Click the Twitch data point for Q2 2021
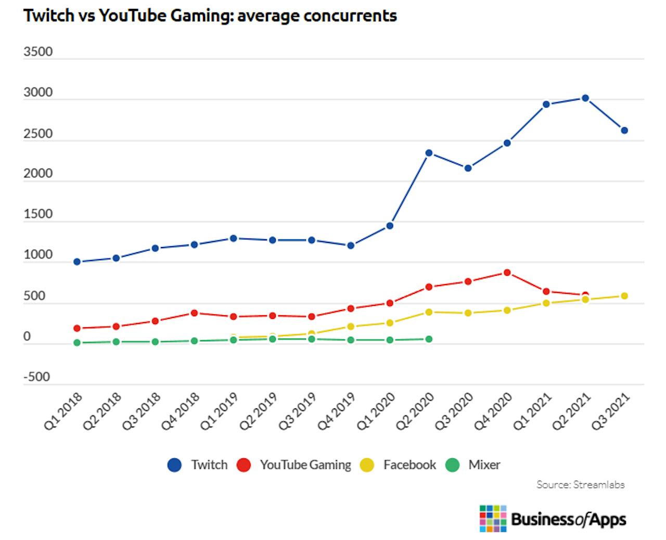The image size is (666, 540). click(585, 98)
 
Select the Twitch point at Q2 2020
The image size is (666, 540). click(429, 153)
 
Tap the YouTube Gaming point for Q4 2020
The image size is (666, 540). click(507, 273)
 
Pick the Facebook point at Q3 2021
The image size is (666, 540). click(624, 296)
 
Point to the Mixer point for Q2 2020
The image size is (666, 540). click(429, 339)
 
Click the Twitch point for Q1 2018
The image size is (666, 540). click(77, 262)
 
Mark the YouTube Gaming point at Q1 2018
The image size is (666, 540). click(77, 328)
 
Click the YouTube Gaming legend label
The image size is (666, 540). click(305, 465)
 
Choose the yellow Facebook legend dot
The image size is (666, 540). click(367, 465)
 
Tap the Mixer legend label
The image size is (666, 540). click(484, 465)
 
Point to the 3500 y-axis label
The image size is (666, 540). click(38, 52)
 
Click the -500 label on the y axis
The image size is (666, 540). click(36, 377)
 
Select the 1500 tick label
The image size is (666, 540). click(38, 214)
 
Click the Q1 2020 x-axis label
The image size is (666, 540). click(376, 412)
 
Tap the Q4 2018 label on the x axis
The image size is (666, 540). click(181, 412)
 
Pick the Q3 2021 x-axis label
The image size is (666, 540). click(611, 412)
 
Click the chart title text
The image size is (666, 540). click(210, 16)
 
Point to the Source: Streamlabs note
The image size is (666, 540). click(580, 484)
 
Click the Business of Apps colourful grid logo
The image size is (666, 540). click(493, 518)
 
